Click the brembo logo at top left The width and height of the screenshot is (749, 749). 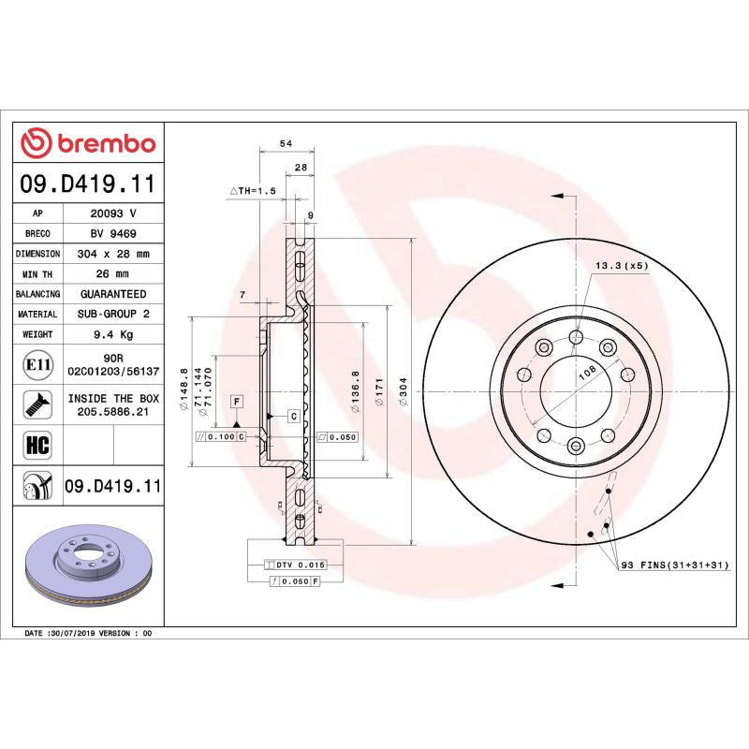pyautogui.click(x=88, y=143)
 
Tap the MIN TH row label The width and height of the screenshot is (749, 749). pyautogui.click(x=38, y=274)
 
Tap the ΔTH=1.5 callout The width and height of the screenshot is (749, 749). pyautogui.click(x=253, y=191)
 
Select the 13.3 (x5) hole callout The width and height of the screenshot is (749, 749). pyautogui.click(x=622, y=266)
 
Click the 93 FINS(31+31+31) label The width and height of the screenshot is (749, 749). pyautogui.click(x=672, y=566)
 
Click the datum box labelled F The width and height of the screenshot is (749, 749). pyautogui.click(x=238, y=402)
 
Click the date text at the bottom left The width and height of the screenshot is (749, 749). pyautogui.click(x=88, y=634)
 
